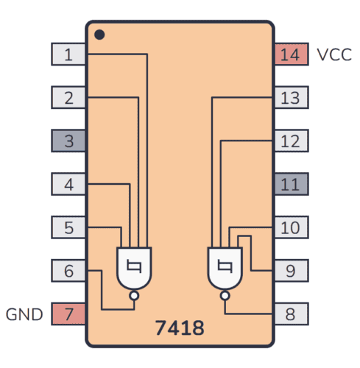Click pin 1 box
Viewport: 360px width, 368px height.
[68, 54]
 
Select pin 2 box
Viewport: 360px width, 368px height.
[68, 97]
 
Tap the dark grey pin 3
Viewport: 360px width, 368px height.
[68, 141]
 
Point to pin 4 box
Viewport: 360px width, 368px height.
[68, 184]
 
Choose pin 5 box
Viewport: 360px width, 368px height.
[68, 227]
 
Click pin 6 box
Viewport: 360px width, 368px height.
[68, 271]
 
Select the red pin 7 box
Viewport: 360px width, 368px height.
[68, 314]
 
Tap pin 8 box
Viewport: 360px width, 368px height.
[291, 314]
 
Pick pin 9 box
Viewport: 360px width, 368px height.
[291, 271]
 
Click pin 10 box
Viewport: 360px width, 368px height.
[291, 227]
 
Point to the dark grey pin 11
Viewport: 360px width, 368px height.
[291, 184]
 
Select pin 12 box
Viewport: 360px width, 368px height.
[291, 141]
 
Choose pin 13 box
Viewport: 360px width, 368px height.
[291, 97]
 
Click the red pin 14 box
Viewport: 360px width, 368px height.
[291, 54]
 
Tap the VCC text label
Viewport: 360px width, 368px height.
[334, 54]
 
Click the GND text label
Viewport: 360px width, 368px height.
[25, 315]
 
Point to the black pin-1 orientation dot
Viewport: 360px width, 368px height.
[99, 35]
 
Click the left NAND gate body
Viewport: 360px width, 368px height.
[133, 268]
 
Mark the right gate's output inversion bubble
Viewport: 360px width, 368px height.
[225, 296]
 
